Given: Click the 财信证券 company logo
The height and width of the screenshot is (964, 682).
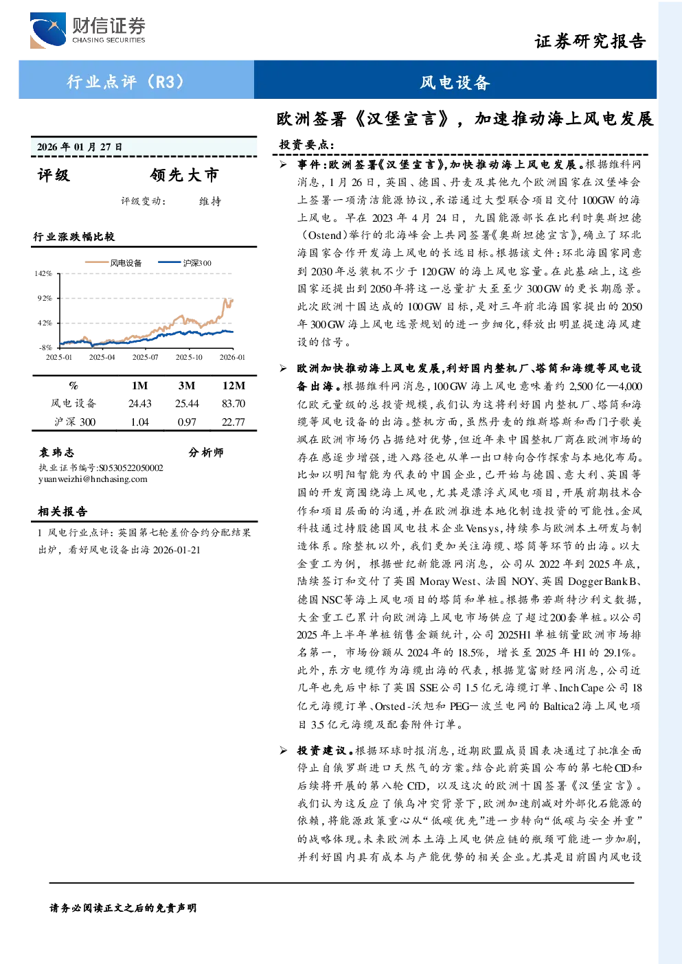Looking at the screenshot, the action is coord(87,30).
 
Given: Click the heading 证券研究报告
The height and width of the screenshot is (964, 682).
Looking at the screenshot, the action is coord(590,42).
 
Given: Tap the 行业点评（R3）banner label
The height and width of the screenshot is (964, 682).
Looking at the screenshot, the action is coord(126,81).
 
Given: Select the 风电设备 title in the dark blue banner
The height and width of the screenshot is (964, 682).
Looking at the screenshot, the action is coord(455,82).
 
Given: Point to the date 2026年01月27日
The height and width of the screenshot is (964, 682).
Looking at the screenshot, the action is coord(80,147).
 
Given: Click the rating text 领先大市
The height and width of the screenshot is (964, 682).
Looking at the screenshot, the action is coord(184,174).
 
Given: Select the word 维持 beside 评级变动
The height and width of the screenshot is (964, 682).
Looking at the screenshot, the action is coord(210,201).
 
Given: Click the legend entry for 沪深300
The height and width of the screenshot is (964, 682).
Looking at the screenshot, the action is coord(185,262).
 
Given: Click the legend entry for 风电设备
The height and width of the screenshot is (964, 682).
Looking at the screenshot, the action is coord(113,262).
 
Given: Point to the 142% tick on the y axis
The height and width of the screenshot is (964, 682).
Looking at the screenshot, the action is coord(43,273).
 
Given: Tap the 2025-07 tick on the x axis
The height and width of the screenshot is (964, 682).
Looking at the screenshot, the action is coord(145,357).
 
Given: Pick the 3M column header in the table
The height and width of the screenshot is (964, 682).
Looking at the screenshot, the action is coord(187,386).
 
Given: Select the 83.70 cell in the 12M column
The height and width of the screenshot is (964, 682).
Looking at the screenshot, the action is coord(234,404).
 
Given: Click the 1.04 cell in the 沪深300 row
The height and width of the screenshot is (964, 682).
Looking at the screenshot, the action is coord(140,422).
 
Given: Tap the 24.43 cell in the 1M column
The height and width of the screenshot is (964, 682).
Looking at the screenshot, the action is coord(140,404).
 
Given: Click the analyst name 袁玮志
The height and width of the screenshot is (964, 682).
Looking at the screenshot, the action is coord(56,452).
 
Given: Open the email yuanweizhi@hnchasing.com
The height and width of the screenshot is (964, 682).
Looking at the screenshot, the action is coord(93,479).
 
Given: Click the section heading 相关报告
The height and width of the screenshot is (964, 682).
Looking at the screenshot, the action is coord(62,512).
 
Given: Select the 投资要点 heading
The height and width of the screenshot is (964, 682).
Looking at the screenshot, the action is coord(306,145).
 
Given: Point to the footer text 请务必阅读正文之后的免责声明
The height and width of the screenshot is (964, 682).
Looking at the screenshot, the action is coord(123,908).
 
